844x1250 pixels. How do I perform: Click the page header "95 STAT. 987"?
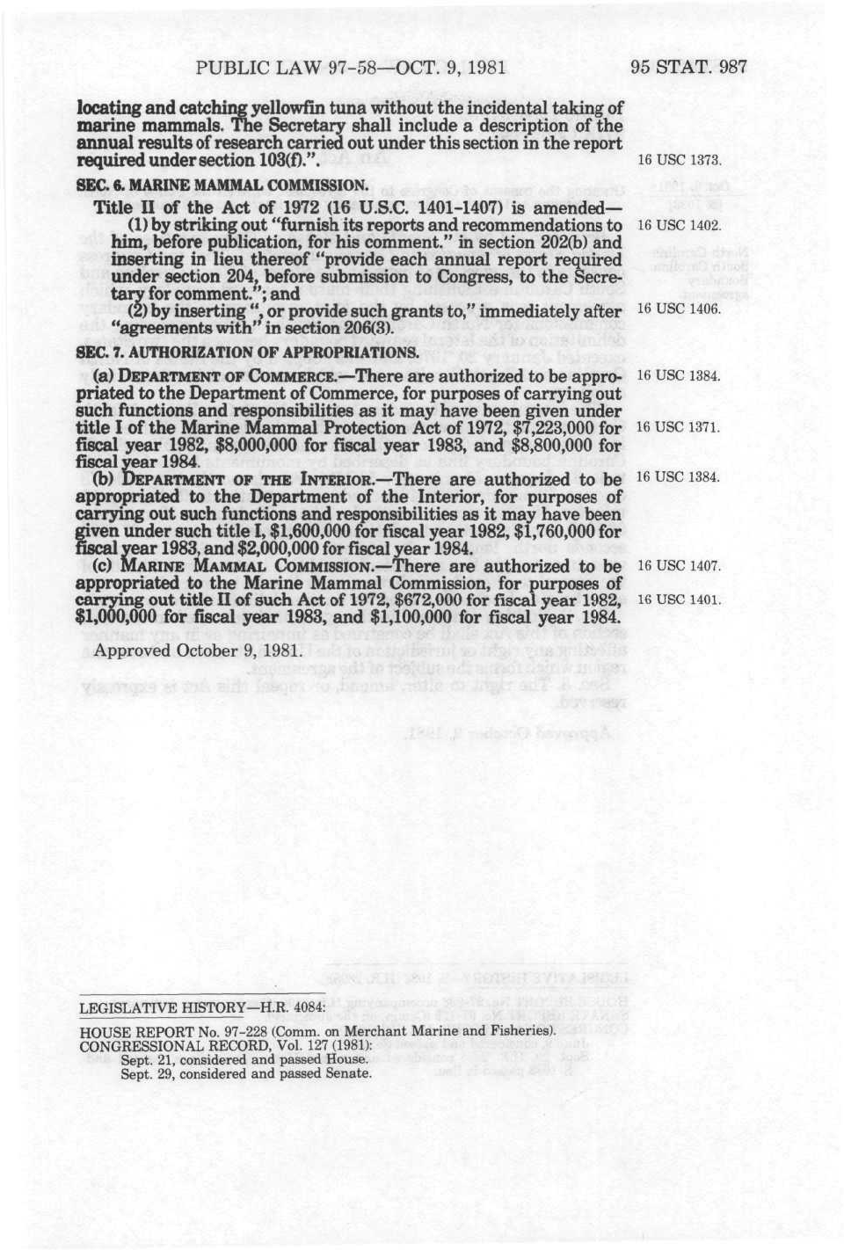[x=688, y=67]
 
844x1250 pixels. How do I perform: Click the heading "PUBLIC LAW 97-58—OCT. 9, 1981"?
[x=352, y=68]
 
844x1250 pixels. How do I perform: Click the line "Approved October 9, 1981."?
[x=198, y=651]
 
